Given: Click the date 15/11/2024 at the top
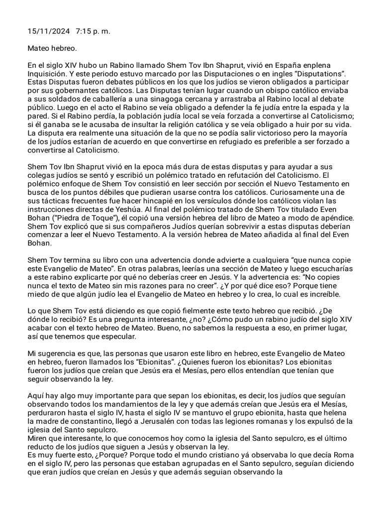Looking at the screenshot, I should click(x=48, y=31).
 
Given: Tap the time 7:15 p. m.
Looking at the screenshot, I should click(x=93, y=31).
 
